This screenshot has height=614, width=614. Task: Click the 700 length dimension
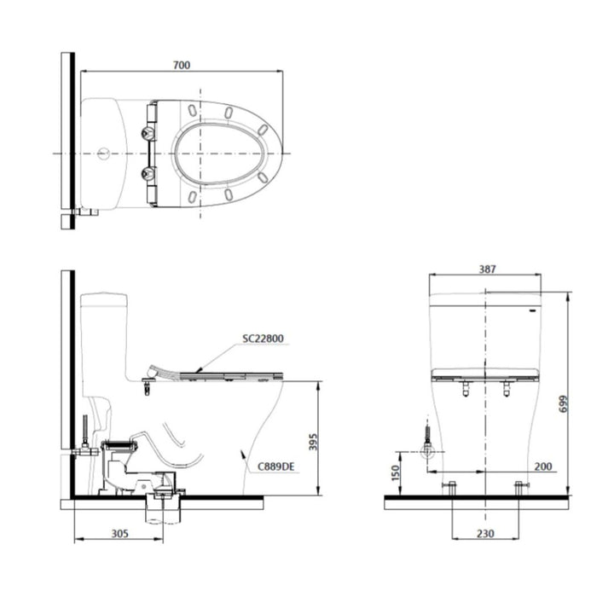coord(182,65)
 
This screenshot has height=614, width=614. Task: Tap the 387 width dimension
coord(487,269)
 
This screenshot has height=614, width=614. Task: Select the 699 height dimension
coord(564,403)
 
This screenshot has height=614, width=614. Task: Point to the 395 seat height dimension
coord(313,442)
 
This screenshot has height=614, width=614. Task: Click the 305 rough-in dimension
coord(120,533)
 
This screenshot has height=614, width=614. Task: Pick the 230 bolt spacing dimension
coord(485,533)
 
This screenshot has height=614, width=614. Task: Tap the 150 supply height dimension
coord(396,473)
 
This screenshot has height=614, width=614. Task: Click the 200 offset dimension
coord(543,466)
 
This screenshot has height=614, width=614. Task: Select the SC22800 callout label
coord(263,339)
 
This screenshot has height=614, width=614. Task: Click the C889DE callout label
coord(275,466)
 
